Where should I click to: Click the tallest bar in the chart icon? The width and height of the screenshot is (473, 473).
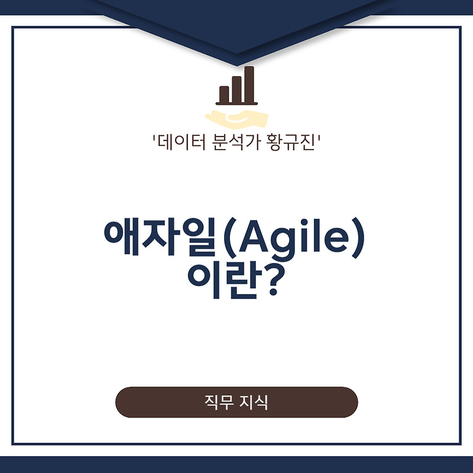click(x=250, y=85)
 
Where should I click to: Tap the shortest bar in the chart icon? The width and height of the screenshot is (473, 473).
click(x=224, y=94)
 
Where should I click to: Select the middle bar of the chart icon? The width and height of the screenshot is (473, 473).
click(x=237, y=89)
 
